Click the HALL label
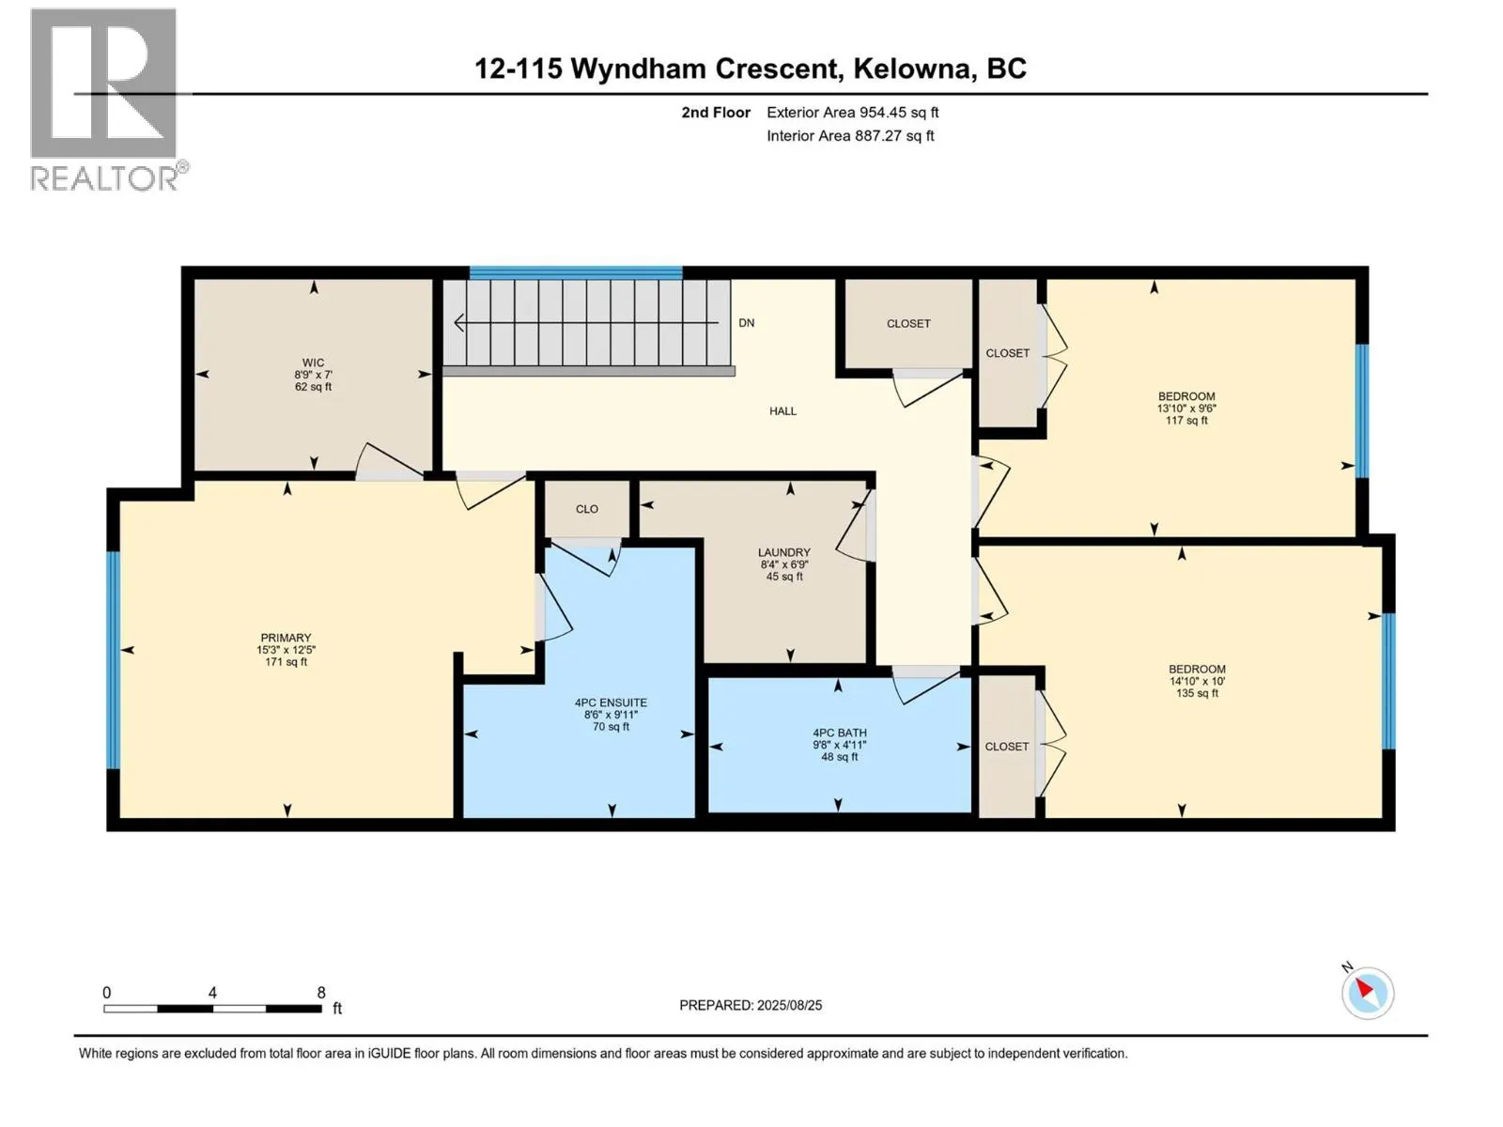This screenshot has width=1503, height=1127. point(782,410)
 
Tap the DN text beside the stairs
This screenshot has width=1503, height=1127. point(746,322)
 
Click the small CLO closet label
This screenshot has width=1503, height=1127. point(586,508)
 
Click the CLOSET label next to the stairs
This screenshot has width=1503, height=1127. point(907,323)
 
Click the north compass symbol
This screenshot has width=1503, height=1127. point(1367,993)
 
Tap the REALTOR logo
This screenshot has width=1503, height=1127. point(104,99)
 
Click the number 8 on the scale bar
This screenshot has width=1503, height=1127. point(321,993)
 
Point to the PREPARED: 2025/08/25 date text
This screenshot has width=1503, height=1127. point(751,1005)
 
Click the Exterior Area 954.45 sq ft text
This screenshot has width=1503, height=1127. point(852,112)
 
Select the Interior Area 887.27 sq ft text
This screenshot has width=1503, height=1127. point(850,135)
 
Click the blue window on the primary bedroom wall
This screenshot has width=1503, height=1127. point(113,659)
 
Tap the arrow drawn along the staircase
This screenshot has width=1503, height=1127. point(582,323)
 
